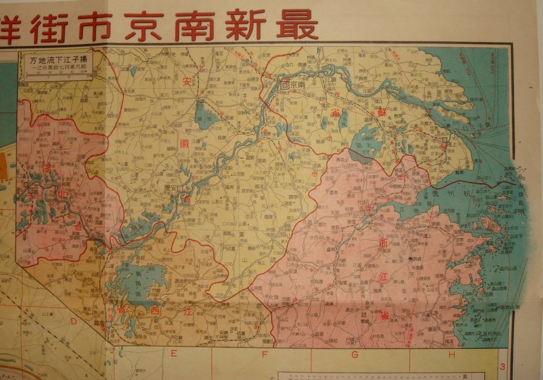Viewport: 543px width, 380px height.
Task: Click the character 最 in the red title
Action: pyautogui.click(x=296, y=24)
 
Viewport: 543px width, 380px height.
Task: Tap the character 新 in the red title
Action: pyautogui.click(x=244, y=25)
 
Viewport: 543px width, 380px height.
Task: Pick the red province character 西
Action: pyautogui.click(x=154, y=309)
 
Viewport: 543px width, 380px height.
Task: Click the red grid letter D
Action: pyautogui.click(x=74, y=322)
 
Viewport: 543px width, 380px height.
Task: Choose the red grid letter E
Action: pyautogui.click(x=173, y=352)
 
